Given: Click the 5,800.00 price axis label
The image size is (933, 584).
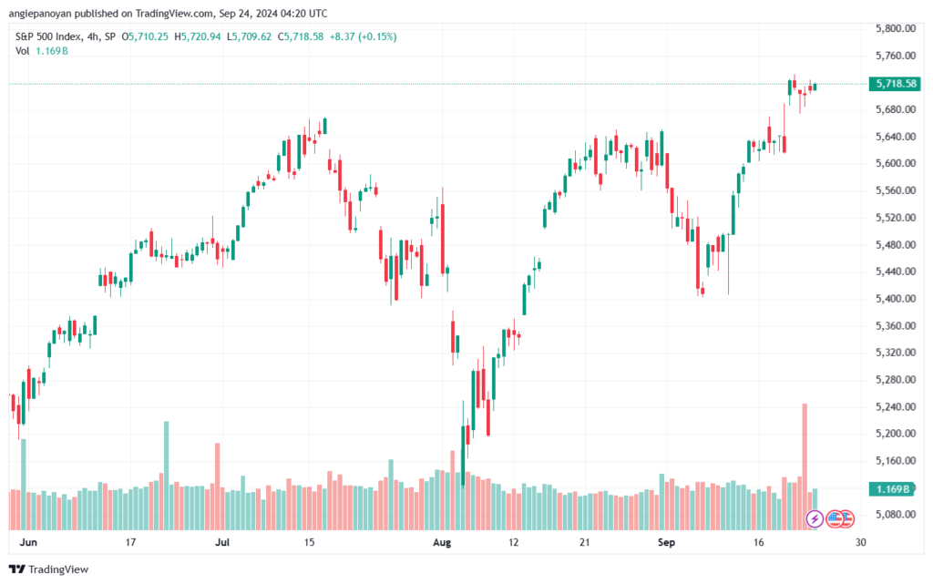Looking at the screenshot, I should [x=894, y=29].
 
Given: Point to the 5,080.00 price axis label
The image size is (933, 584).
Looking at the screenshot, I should [x=894, y=514].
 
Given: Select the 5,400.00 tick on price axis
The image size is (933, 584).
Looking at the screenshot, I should [x=894, y=299].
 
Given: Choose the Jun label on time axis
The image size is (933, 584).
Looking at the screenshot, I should [x=27, y=542].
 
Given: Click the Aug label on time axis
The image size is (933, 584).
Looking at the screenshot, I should [x=442, y=542].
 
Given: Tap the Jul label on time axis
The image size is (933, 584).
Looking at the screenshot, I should [x=221, y=542].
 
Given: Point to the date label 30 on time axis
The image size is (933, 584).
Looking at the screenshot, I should [x=860, y=542].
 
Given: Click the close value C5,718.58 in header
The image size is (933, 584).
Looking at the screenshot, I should [x=281, y=36].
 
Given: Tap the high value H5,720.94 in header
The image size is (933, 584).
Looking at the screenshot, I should [x=177, y=36].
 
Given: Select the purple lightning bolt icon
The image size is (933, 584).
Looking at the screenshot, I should [x=815, y=518].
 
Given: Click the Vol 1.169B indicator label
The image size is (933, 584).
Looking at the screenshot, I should [x=41, y=51].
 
